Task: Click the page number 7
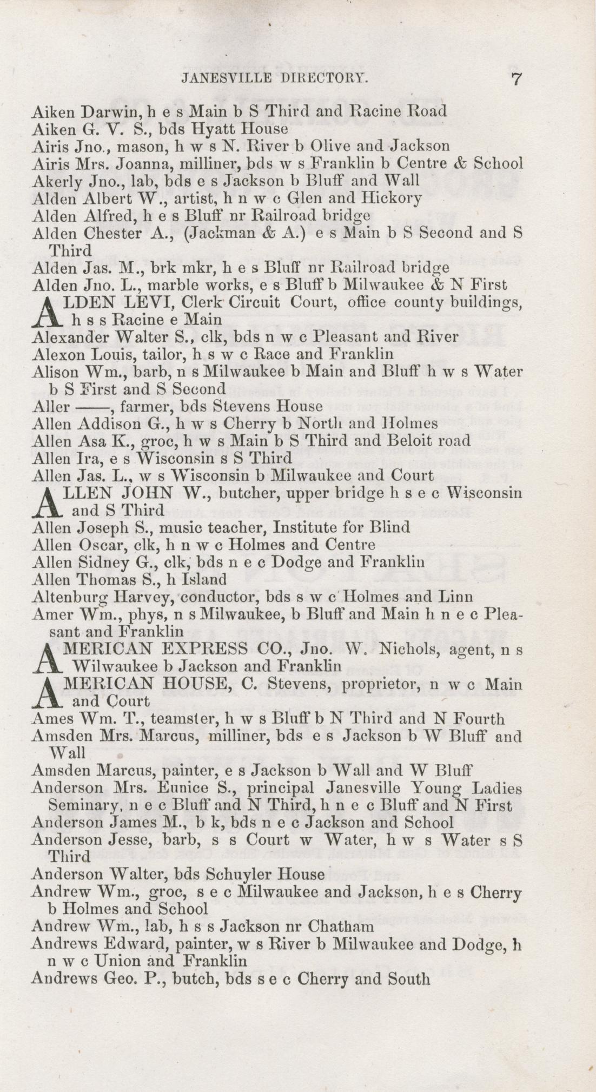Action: [x=515, y=79]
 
